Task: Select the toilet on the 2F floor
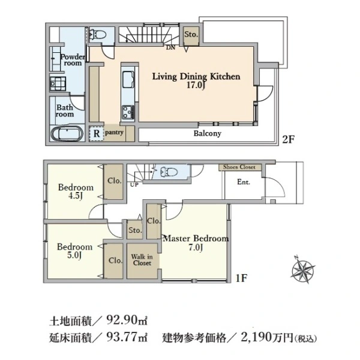[x=100, y=35]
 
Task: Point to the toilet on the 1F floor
[x=170, y=172]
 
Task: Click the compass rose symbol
[x=304, y=268]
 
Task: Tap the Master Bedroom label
[x=196, y=242]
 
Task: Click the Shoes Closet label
[x=239, y=167]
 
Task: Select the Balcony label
[x=208, y=134]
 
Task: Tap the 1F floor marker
[x=241, y=278]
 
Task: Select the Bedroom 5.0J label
[x=74, y=251]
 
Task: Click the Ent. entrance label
[x=244, y=182]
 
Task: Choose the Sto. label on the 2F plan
[x=191, y=35]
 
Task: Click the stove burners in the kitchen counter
[x=128, y=110]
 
